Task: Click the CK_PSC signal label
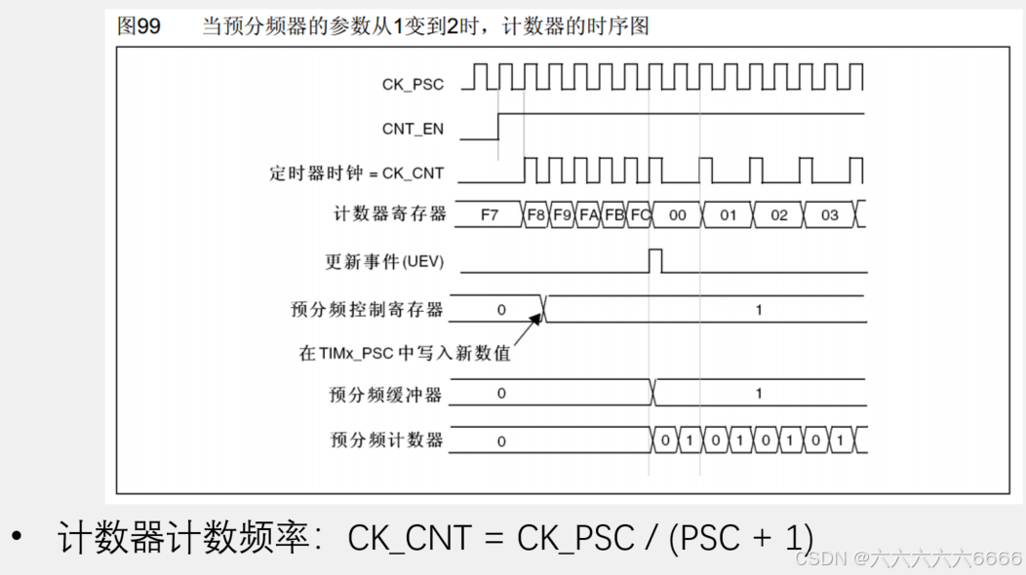tap(413, 85)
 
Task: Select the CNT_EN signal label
tap(413, 129)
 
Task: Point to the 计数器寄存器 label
tap(388, 214)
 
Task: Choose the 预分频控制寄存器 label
tap(367, 310)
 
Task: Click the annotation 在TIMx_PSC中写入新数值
tap(405, 353)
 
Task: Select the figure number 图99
tap(139, 26)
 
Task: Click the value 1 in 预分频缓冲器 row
tap(759, 395)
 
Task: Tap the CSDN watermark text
tap(908, 558)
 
